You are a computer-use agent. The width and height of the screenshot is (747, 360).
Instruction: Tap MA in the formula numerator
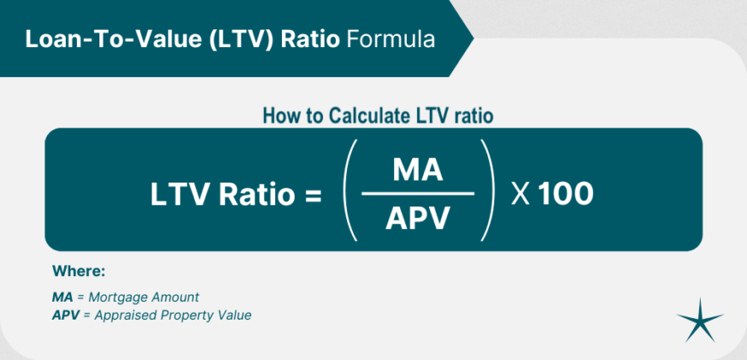click(x=417, y=170)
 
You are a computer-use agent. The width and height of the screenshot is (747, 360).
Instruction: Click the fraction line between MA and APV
click(x=417, y=194)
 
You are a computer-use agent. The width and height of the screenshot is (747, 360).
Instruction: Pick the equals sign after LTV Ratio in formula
click(x=312, y=195)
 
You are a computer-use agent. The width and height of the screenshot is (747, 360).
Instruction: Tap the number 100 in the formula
click(x=565, y=195)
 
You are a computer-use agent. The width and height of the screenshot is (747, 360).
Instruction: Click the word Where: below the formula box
click(x=79, y=271)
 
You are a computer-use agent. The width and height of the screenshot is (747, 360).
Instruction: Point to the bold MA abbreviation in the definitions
click(x=63, y=297)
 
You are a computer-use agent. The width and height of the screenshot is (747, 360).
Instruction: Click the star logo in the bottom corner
click(x=700, y=321)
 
